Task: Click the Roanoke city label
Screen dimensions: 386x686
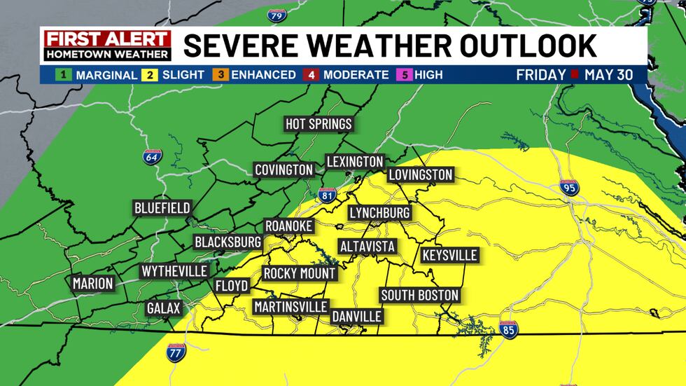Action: pyautogui.click(x=288, y=226)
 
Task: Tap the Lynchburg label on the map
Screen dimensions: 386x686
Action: pyautogui.click(x=379, y=212)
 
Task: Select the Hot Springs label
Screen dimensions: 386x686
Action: pyautogui.click(x=318, y=124)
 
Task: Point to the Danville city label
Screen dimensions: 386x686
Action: pyautogui.click(x=357, y=316)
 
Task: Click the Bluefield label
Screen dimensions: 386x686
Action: pyautogui.click(x=162, y=208)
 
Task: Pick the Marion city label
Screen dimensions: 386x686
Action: pyautogui.click(x=92, y=284)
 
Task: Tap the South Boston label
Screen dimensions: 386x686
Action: pyautogui.click(x=419, y=295)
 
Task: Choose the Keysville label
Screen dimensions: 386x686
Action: pyautogui.click(x=449, y=255)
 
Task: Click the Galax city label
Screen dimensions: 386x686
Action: pyautogui.click(x=164, y=308)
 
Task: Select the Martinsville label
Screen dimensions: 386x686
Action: pyautogui.click(x=290, y=307)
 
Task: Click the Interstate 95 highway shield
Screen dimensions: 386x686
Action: pyautogui.click(x=569, y=188)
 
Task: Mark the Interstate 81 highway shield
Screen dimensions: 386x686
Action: pyautogui.click(x=326, y=195)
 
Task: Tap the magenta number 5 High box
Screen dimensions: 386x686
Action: pyautogui.click(x=403, y=74)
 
